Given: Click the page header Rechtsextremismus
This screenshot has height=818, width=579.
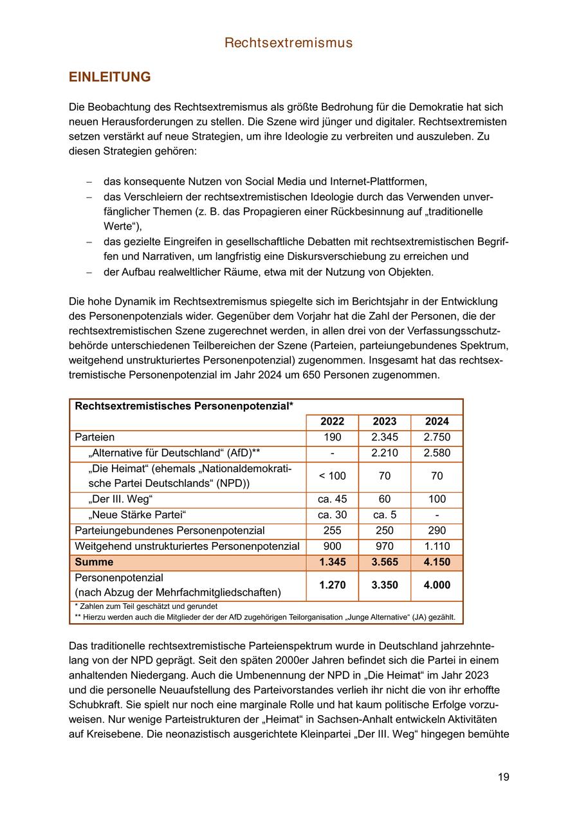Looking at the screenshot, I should pyautogui.click(x=289, y=43).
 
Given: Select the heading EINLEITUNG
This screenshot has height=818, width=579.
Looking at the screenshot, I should pyautogui.click(x=109, y=77).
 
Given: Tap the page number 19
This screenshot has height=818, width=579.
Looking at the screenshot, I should pyautogui.click(x=503, y=777).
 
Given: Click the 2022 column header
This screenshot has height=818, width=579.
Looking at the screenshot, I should pyautogui.click(x=332, y=422).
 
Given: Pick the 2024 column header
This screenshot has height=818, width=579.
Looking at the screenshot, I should pyautogui.click(x=437, y=422).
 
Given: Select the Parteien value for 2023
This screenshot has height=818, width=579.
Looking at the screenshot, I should pyautogui.click(x=385, y=437).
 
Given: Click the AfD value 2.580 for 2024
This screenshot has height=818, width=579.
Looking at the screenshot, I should pyautogui.click(x=437, y=453).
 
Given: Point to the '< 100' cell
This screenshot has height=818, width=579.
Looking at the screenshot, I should pyautogui.click(x=332, y=477).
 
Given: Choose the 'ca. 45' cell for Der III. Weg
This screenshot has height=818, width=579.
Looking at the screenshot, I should pyautogui.click(x=332, y=500).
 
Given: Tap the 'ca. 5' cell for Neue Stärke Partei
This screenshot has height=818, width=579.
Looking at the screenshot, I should pyautogui.click(x=385, y=515).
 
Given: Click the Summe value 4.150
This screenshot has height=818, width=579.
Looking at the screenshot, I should pyautogui.click(x=437, y=562).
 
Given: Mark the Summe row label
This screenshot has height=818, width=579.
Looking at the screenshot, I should pyautogui.click(x=94, y=562).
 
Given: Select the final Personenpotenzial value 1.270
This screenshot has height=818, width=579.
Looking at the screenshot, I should pyautogui.click(x=332, y=585).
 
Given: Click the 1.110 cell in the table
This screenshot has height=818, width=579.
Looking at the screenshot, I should pyautogui.click(x=437, y=547).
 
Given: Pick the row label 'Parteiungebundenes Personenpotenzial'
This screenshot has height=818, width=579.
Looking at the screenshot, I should pyautogui.click(x=170, y=531).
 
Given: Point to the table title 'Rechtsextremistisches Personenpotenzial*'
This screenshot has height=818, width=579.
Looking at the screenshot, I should pyautogui.click(x=184, y=406).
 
